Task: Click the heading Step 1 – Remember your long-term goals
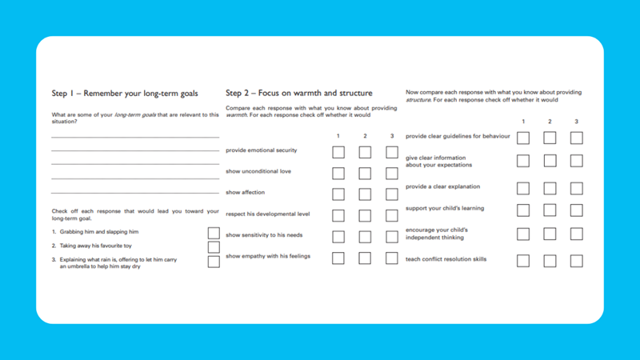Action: pos(124,94)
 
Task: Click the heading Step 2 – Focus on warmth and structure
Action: pos(298,94)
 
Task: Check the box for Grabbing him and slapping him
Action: pos(214,233)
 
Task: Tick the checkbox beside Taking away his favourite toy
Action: pos(214,247)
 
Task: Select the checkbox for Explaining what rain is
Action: pos(214,262)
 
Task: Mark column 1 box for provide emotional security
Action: pos(338,152)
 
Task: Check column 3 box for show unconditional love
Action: pos(392,174)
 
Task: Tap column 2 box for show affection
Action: pos(365,194)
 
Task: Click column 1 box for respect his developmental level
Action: pos(338,216)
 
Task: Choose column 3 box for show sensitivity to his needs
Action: pos(392,237)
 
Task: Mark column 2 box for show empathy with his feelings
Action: pos(365,258)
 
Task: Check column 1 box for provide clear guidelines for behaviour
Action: pos(523,138)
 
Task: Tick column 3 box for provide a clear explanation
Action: pos(576,189)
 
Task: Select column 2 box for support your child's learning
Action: pos(550,210)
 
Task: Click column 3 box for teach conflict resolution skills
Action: pos(576,261)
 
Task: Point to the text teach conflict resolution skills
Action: pos(446,259)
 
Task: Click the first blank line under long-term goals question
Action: pos(134,138)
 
